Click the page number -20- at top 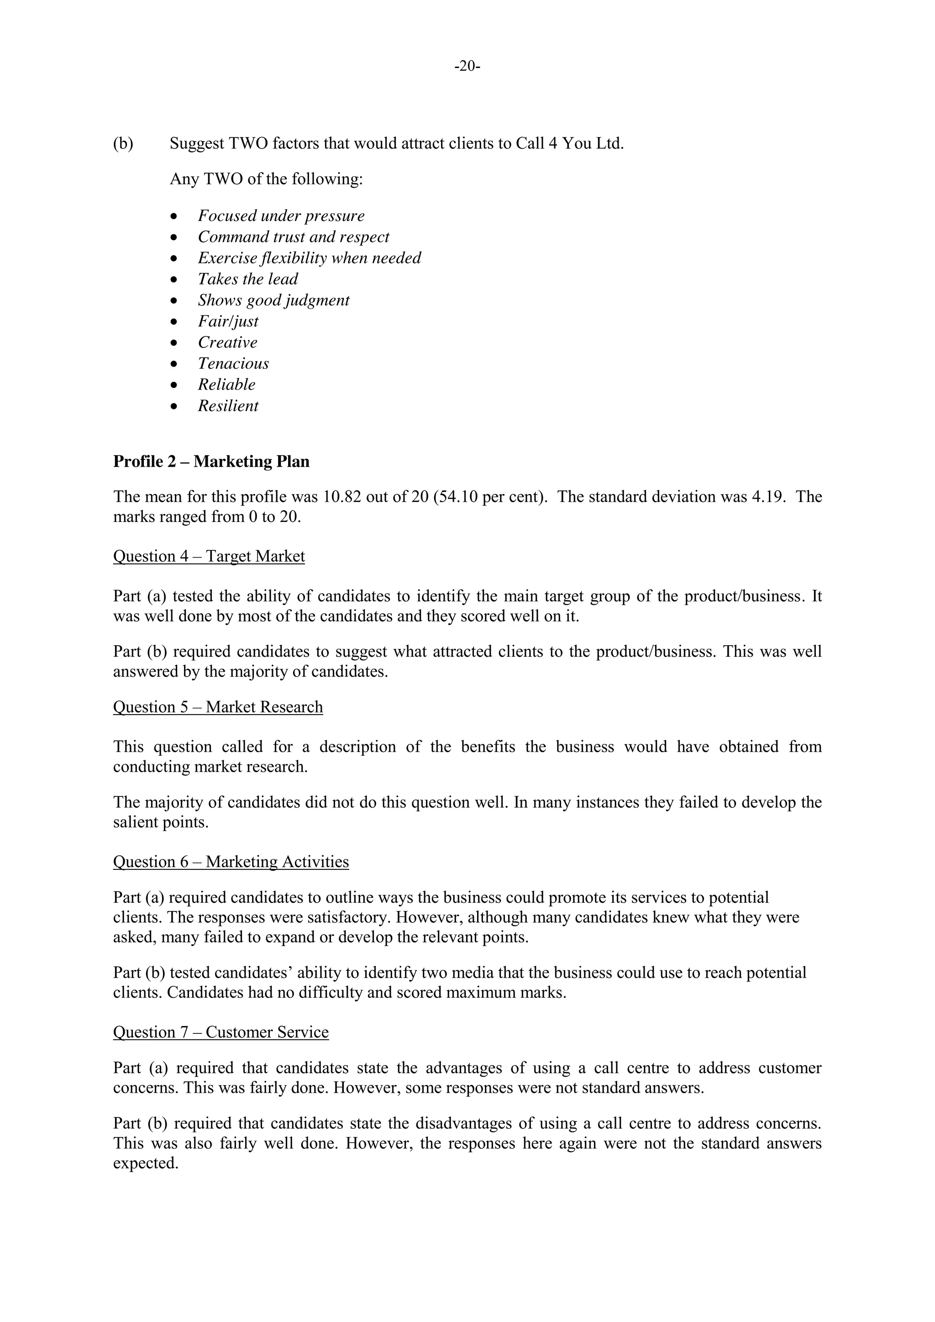(x=467, y=67)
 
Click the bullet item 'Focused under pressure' (x=281, y=216)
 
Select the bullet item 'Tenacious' (x=233, y=364)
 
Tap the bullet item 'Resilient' (x=228, y=406)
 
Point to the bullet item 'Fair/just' (x=228, y=321)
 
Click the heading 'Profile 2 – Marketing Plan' (x=211, y=462)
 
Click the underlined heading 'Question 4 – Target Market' (x=209, y=556)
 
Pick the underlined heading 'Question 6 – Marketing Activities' (x=231, y=862)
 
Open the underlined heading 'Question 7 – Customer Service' (x=221, y=1032)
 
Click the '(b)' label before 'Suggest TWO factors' (x=123, y=143)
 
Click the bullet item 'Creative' (x=227, y=342)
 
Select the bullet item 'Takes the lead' (x=247, y=279)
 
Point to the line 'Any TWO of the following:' (x=266, y=179)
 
